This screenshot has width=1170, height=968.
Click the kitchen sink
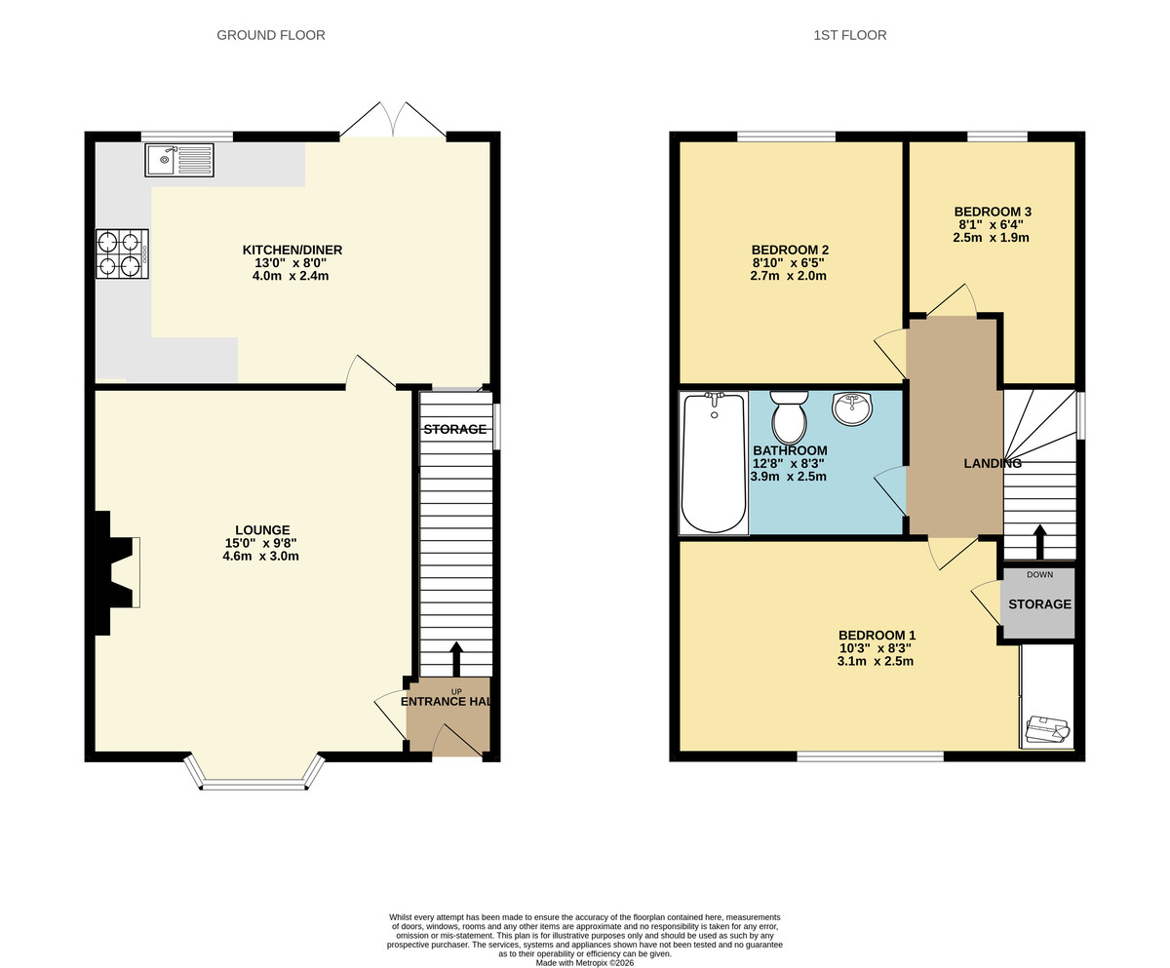[x=179, y=160]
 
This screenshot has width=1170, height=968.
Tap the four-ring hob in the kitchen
[x=122, y=253]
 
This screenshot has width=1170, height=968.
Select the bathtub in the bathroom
[x=714, y=463]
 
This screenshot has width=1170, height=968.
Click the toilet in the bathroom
[x=789, y=418]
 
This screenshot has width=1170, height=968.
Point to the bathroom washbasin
[x=852, y=408]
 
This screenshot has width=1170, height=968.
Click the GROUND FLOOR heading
[x=271, y=35]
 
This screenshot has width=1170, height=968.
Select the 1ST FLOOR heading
[x=850, y=35]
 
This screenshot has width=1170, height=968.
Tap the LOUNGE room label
[x=262, y=530]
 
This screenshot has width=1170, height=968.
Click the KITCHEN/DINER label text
[x=292, y=251]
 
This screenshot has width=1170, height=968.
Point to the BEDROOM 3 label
[x=992, y=212]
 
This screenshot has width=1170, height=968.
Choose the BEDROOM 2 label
[x=790, y=250]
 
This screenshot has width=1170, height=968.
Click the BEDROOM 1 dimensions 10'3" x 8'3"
[x=876, y=648]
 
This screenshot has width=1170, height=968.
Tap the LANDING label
[x=992, y=464]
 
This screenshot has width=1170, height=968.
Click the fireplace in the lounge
[x=115, y=572]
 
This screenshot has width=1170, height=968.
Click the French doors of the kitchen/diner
[x=393, y=121]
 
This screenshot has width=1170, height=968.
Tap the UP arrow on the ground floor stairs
[x=456, y=659]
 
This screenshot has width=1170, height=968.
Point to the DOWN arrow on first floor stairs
[x=1039, y=542]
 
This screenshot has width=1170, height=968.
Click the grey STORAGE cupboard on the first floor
[x=1038, y=604]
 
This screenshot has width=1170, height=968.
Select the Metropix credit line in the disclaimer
[x=585, y=963]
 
